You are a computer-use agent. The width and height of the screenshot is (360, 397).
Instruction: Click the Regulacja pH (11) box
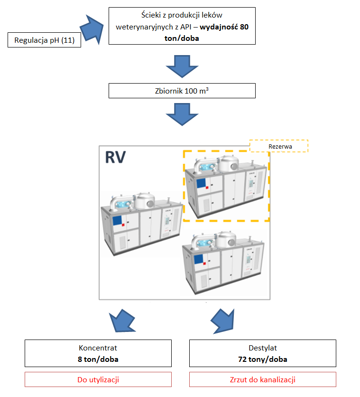pos(44,40)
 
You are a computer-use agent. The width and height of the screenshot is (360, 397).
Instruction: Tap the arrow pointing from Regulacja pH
pos(92,29)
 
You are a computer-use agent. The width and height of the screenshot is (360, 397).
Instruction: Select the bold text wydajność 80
pos(224,27)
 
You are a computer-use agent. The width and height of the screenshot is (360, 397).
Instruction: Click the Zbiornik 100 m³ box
pos(182,91)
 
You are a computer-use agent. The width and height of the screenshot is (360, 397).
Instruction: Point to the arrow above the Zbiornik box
pos(182,66)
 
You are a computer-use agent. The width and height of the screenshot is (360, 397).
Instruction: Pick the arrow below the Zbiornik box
pos(182,114)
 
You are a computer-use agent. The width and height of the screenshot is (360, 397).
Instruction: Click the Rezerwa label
pos(280,146)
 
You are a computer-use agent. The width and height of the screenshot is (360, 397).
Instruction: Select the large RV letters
pos(115,157)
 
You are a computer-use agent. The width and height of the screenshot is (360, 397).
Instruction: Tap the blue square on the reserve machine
pos(201,183)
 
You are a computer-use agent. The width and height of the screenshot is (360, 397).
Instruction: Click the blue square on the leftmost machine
pos(117,220)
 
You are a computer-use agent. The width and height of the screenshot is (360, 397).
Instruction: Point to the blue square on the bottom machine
pos(198,259)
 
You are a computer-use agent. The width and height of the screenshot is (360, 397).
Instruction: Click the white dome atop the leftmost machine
pos(144,201)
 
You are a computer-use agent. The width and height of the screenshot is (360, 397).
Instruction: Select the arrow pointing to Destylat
pos(223,321)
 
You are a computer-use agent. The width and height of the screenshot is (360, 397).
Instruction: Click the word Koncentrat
pos(98,348)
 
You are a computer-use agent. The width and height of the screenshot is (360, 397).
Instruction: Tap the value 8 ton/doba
pos(98,359)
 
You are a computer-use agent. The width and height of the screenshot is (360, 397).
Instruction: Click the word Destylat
pos(263,348)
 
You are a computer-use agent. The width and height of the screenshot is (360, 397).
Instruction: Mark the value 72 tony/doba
pos(263,359)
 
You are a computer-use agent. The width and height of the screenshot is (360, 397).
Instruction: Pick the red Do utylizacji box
pos(98,379)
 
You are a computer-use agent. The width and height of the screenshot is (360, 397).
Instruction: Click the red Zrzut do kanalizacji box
pos(263,379)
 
